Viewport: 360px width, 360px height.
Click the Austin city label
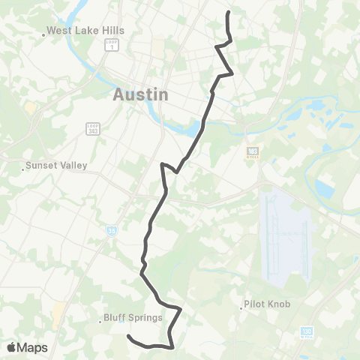point(140,95)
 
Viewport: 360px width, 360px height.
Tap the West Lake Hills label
point(85,31)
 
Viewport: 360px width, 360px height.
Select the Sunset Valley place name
point(57,166)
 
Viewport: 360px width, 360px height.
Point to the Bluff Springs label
point(134,317)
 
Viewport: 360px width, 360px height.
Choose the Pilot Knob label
point(267,305)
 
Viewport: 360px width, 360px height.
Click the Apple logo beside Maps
point(11,347)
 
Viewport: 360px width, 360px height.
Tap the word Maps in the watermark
point(32,347)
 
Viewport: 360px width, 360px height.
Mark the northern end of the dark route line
point(228,12)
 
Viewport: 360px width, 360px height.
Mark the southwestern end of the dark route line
point(128,336)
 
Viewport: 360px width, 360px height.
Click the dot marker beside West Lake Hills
point(43,32)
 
